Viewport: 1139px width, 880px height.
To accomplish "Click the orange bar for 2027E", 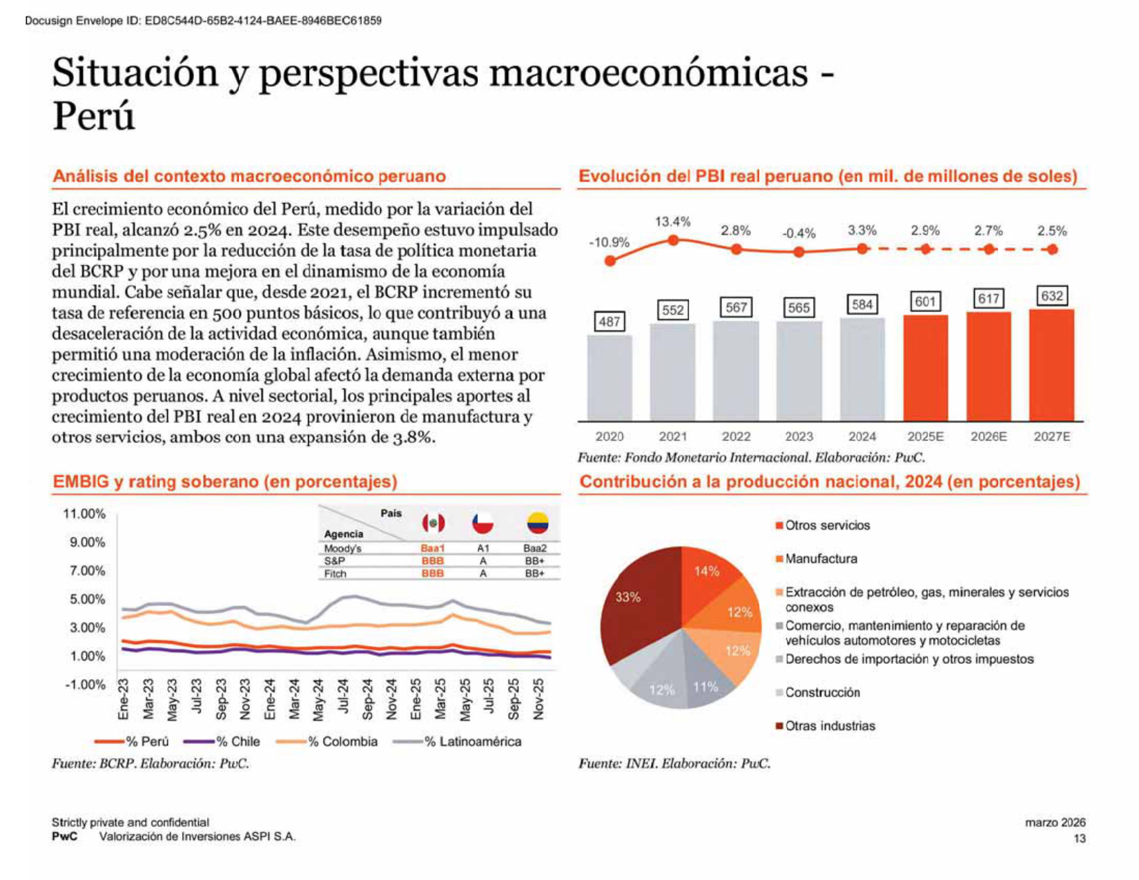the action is click(1051, 365).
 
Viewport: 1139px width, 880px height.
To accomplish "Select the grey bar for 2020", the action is click(609, 378).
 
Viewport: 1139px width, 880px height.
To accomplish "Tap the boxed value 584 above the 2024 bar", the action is click(861, 304).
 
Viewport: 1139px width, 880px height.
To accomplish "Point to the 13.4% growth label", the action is click(672, 222).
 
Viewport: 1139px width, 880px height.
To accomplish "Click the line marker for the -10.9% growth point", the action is click(610, 260).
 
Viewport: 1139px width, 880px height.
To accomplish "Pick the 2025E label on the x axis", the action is click(925, 437).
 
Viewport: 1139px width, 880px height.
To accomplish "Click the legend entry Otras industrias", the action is click(826, 726).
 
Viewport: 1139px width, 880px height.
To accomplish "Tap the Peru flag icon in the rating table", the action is click(434, 522).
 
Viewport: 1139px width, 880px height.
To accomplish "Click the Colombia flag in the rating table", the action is click(537, 522).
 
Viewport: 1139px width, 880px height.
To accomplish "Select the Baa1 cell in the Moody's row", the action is click(432, 548).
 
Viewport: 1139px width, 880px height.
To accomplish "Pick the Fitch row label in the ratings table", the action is click(335, 574).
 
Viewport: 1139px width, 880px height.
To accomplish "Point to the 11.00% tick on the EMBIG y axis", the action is click(84, 514).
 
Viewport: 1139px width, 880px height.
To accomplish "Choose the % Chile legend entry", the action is click(222, 742).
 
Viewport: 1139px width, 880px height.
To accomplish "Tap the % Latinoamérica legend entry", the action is click(457, 742).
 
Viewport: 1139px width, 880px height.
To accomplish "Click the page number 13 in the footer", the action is click(1080, 839).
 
